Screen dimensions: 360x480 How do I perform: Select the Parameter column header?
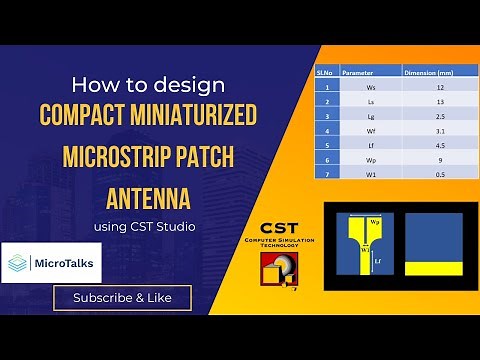[x=358, y=72]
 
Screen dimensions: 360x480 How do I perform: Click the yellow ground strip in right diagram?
[x=433, y=267]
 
